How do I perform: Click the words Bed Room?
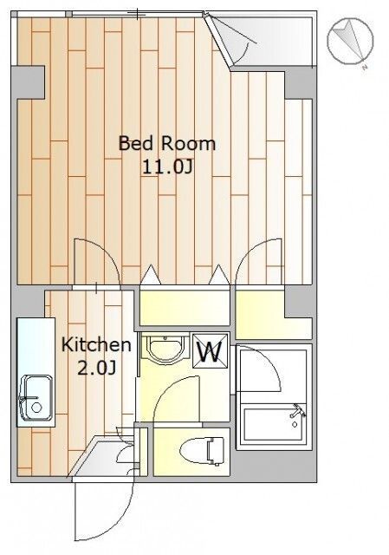pos(166,143)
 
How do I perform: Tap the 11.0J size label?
pos(167,166)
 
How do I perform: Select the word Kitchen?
pos(96,345)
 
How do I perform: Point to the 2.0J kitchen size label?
pos(96,368)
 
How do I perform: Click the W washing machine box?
pos(210,350)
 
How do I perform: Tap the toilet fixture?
pos(202,451)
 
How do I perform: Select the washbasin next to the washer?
pos(165,348)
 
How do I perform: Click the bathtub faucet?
pos(297,411)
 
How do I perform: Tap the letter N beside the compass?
pos(365,68)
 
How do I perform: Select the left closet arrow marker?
pos(151,275)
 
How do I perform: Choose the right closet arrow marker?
pos(219,275)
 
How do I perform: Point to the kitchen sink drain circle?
pos(36,408)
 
